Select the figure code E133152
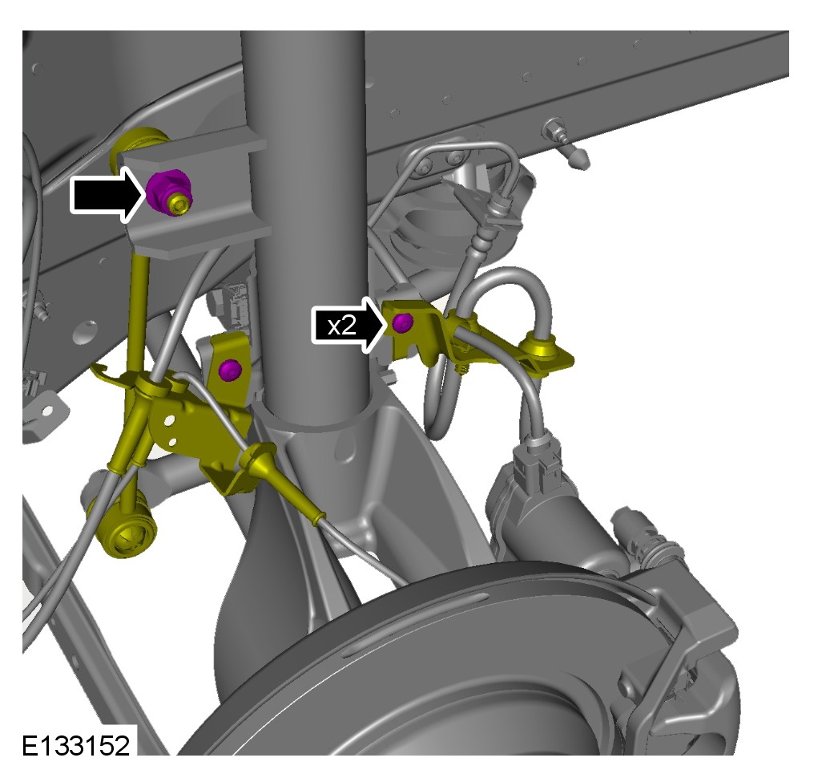(x=75, y=746)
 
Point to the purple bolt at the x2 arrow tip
(x=402, y=322)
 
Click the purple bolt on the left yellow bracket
(x=230, y=370)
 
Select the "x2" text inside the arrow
(x=342, y=326)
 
